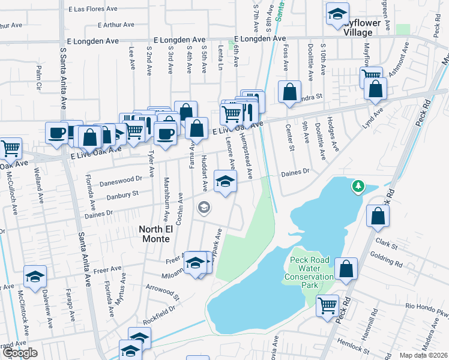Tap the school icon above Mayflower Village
[x=338, y=13]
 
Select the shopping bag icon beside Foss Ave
[x=289, y=92]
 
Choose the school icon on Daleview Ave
[x=35, y=276]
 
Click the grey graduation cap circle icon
[x=204, y=208]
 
